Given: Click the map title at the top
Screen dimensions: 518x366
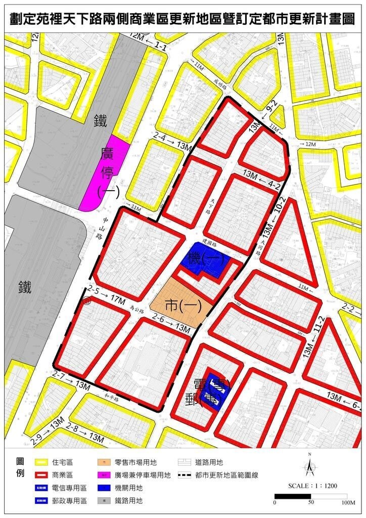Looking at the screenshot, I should click(x=182, y=19).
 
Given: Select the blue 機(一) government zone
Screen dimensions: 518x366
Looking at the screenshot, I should click(x=205, y=262).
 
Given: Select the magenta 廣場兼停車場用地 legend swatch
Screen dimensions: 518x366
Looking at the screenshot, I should click(x=105, y=475).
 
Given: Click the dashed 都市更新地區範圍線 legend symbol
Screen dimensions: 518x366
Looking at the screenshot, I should click(x=187, y=475).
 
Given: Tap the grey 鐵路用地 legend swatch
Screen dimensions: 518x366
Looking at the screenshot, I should click(x=105, y=501).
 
